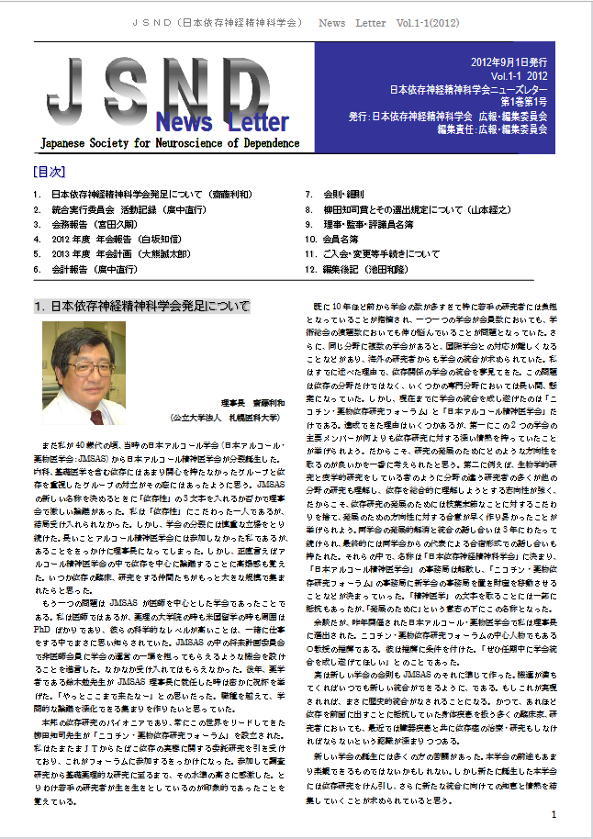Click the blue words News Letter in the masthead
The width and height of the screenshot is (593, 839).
click(221, 122)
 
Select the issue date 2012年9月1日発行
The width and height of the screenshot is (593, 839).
click(509, 62)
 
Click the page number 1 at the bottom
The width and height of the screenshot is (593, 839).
click(554, 814)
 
